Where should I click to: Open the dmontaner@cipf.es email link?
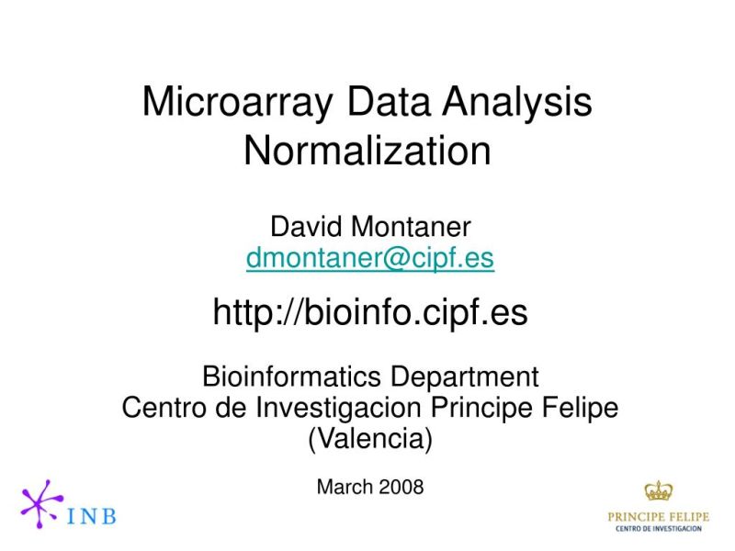pos(369,259)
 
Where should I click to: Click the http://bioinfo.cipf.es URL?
pos(369,314)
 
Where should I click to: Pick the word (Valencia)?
pos(369,439)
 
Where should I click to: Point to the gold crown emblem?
pos(658,490)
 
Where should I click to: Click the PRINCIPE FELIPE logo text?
pos(658,516)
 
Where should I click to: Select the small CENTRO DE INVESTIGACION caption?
pos(658,529)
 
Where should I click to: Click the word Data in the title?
pos(387,102)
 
